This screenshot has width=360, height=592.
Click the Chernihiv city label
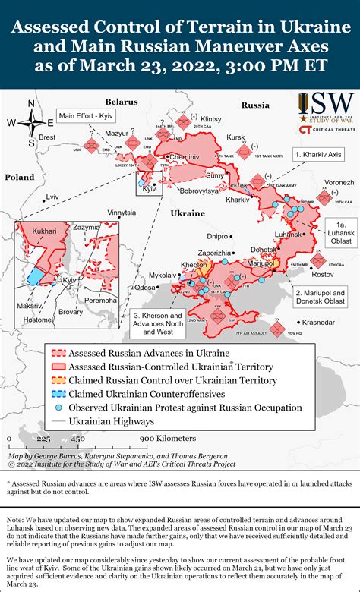point(185,156)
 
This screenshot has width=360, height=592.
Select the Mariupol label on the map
point(261,263)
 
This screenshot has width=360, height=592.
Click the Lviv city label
point(52,196)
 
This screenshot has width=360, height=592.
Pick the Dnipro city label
point(217,236)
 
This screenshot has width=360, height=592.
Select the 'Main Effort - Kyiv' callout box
point(87,117)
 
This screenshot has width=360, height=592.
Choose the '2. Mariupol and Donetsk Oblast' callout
point(320,297)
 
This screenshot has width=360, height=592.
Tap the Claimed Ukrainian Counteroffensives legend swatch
point(58,394)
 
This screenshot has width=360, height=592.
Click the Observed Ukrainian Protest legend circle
point(58,408)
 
